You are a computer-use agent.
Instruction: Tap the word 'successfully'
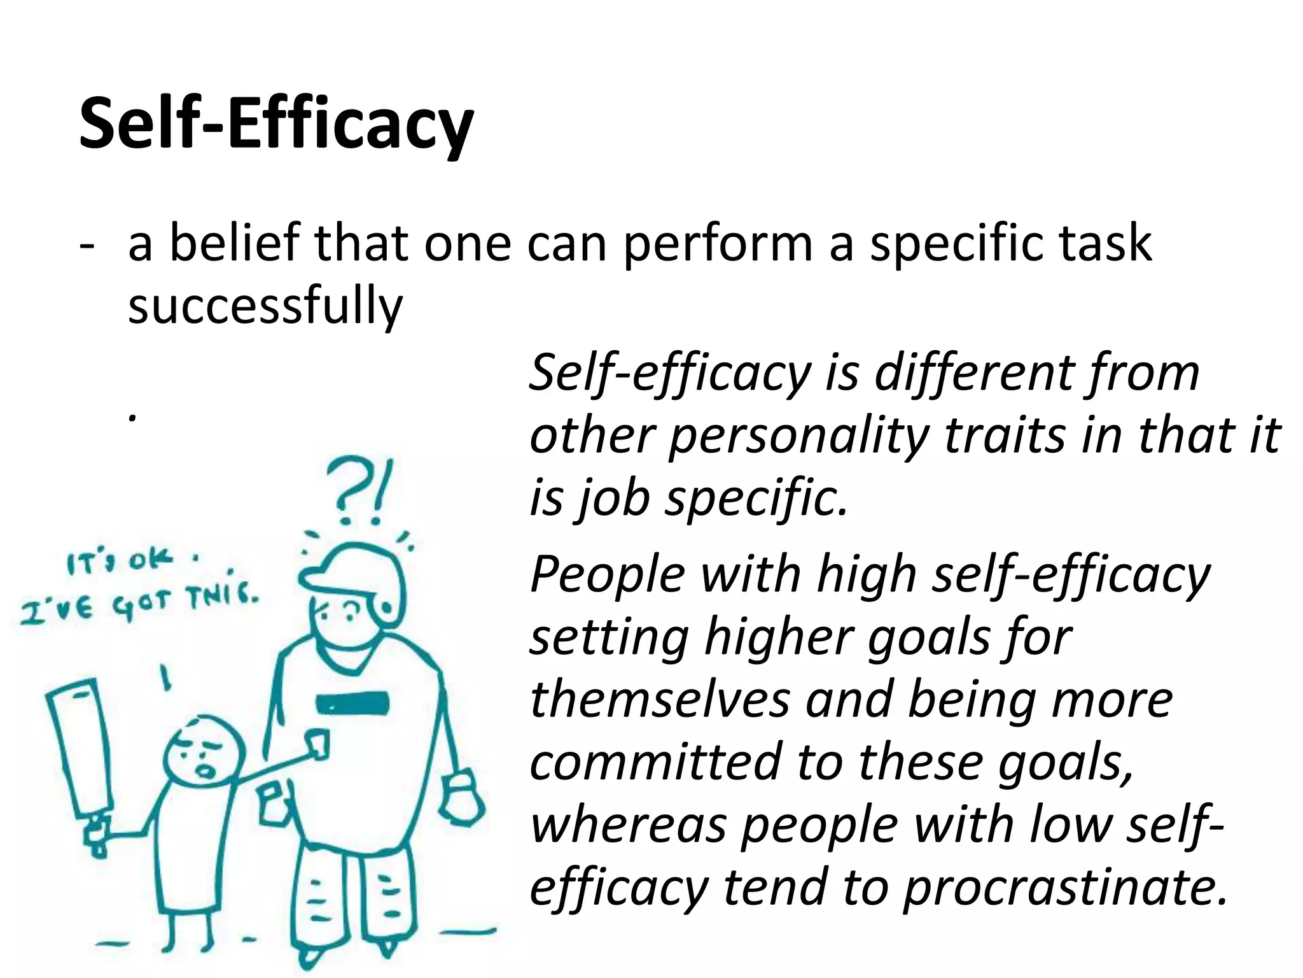pos(265,306)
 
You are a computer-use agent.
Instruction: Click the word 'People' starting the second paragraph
pos(608,574)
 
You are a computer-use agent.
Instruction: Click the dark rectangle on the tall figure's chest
pos(352,703)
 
